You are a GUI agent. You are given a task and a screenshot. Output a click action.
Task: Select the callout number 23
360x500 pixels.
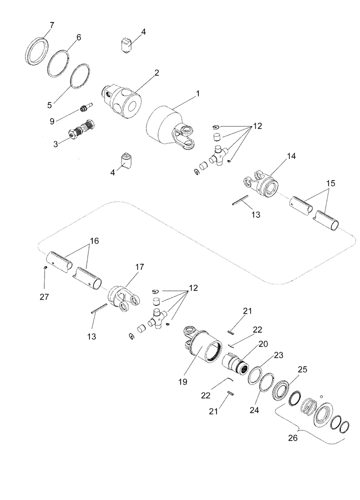pos(277,356)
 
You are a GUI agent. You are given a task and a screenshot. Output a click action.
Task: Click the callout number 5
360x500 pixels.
pos(50,105)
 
